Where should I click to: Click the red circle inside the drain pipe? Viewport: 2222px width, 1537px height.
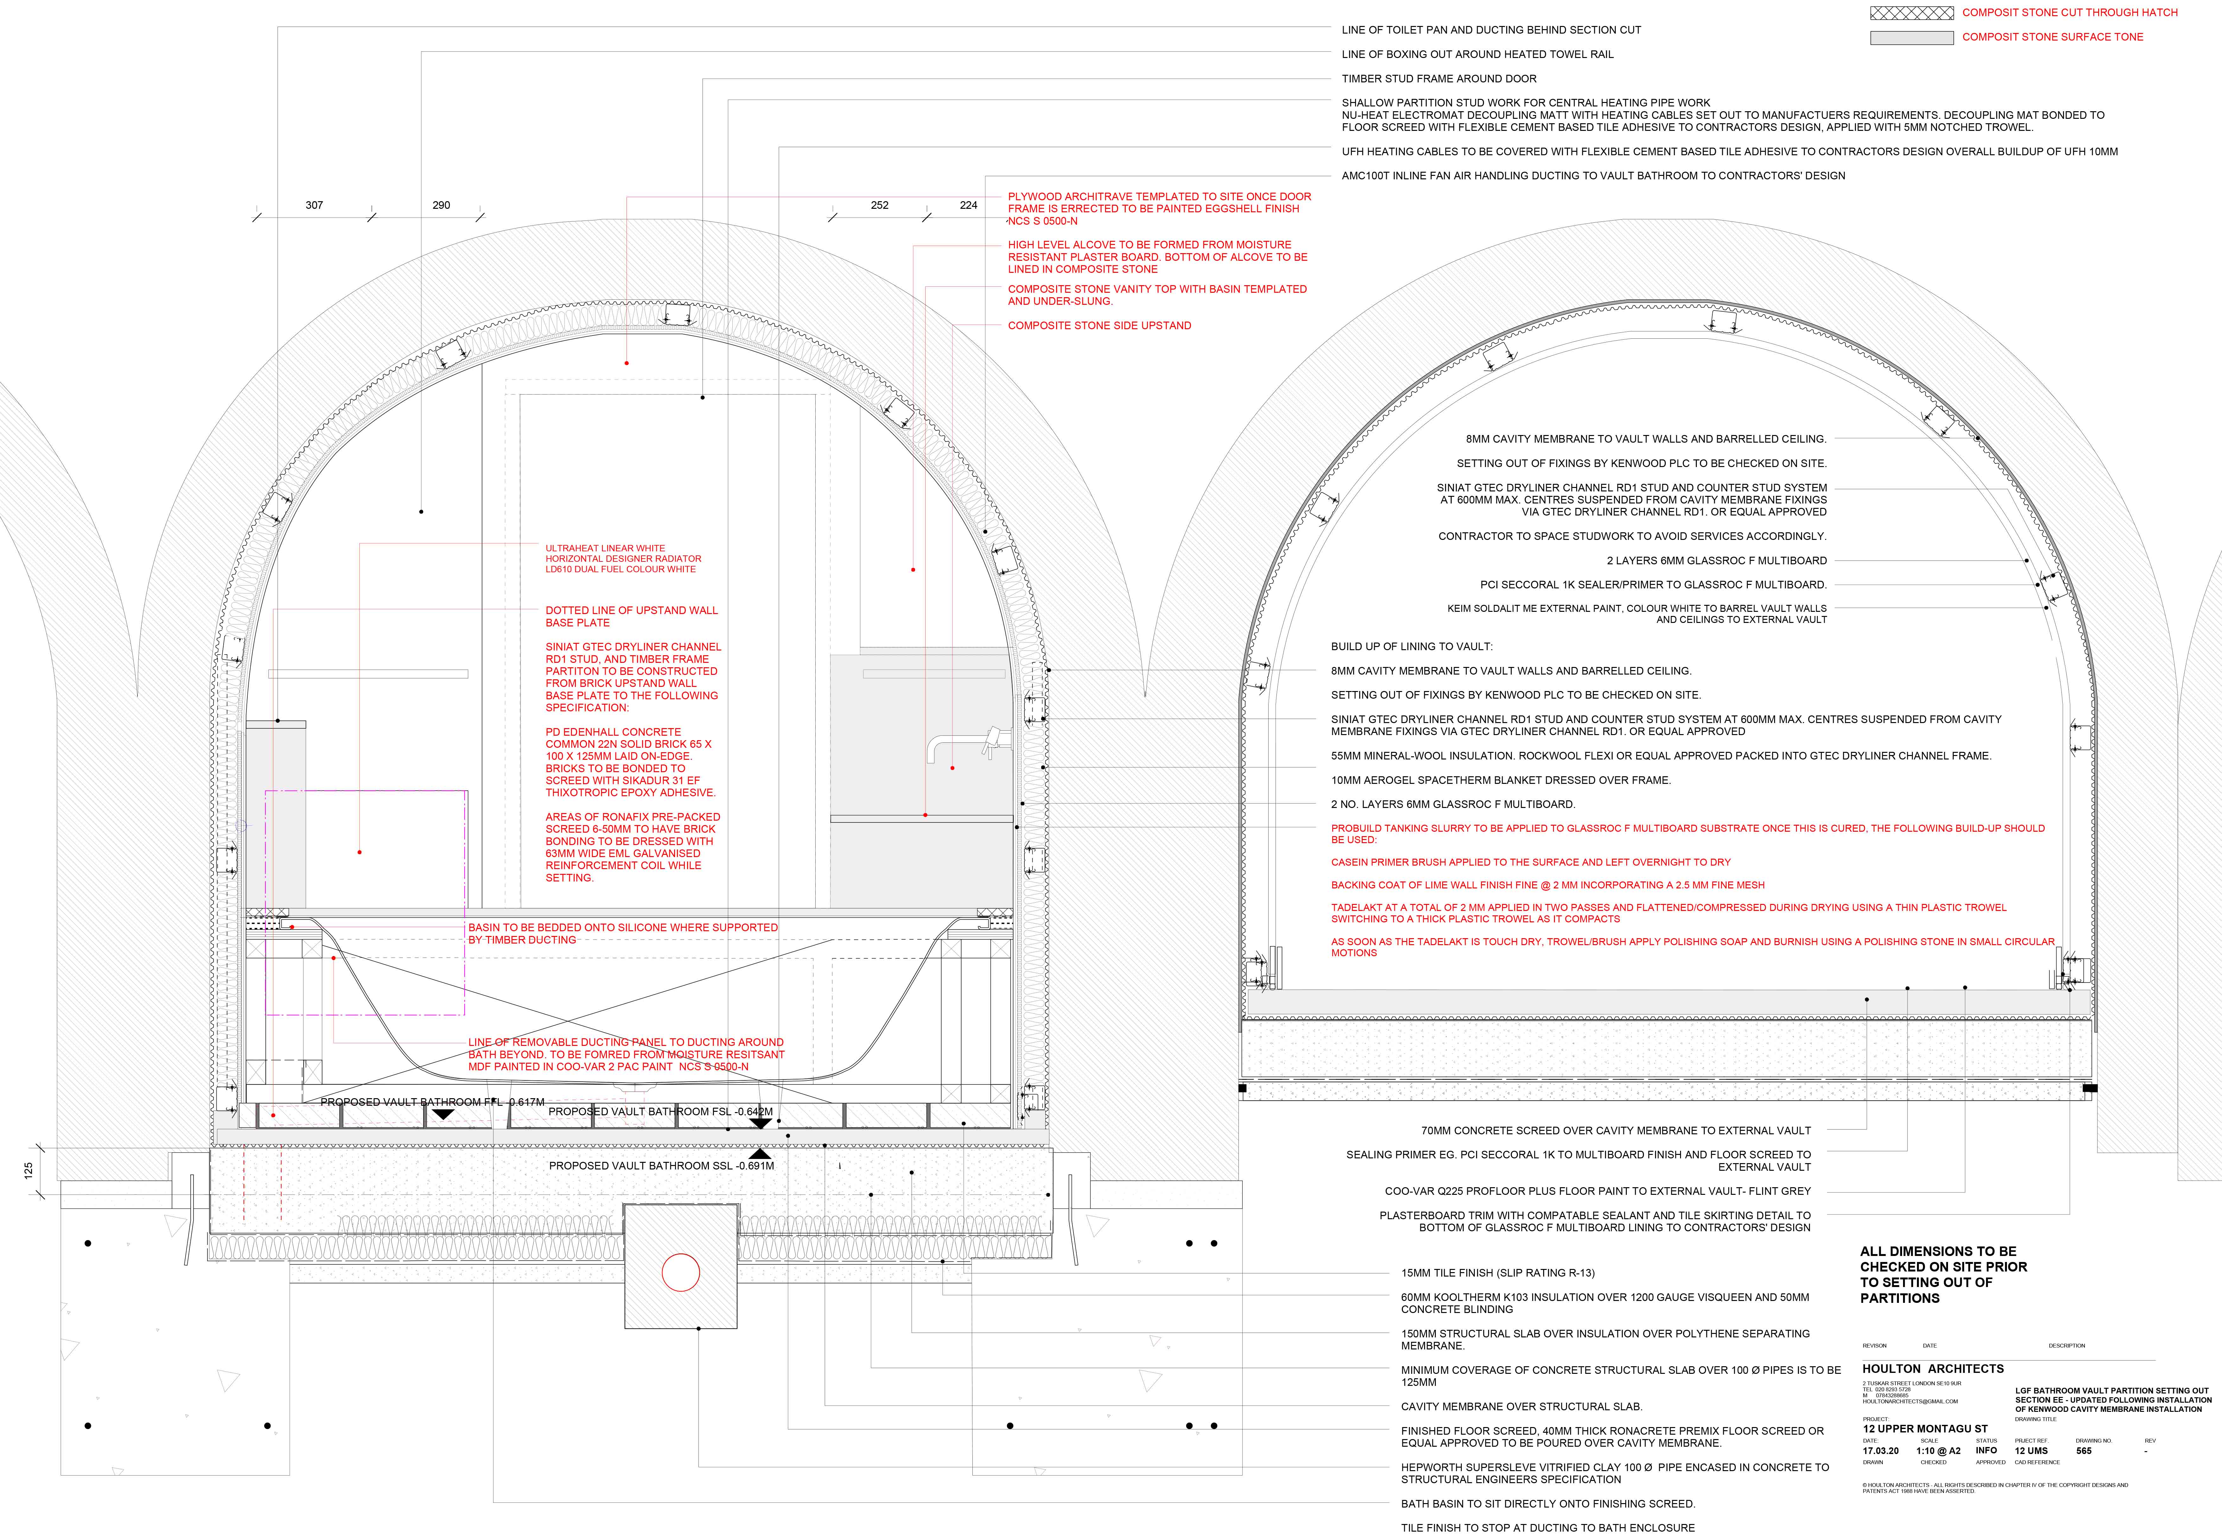pyautogui.click(x=681, y=1272)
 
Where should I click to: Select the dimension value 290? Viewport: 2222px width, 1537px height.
pyautogui.click(x=441, y=205)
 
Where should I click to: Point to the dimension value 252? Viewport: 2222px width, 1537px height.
pyautogui.click(x=879, y=205)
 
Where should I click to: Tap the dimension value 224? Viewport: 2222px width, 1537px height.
pyautogui.click(x=969, y=205)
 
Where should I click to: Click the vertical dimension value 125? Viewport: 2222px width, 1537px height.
pyautogui.click(x=29, y=1170)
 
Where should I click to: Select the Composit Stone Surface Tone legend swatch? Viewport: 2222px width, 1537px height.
pyautogui.click(x=1911, y=38)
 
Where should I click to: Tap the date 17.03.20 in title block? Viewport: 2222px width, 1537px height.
pyautogui.click(x=1880, y=1450)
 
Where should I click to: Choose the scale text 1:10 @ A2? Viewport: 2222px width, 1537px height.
pyautogui.click(x=1938, y=1450)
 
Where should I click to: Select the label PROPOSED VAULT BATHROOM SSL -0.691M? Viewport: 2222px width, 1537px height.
pyautogui.click(x=661, y=1165)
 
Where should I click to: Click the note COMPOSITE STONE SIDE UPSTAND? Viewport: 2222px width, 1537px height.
pyautogui.click(x=1099, y=325)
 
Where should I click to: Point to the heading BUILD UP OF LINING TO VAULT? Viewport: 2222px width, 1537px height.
pyautogui.click(x=1411, y=646)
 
